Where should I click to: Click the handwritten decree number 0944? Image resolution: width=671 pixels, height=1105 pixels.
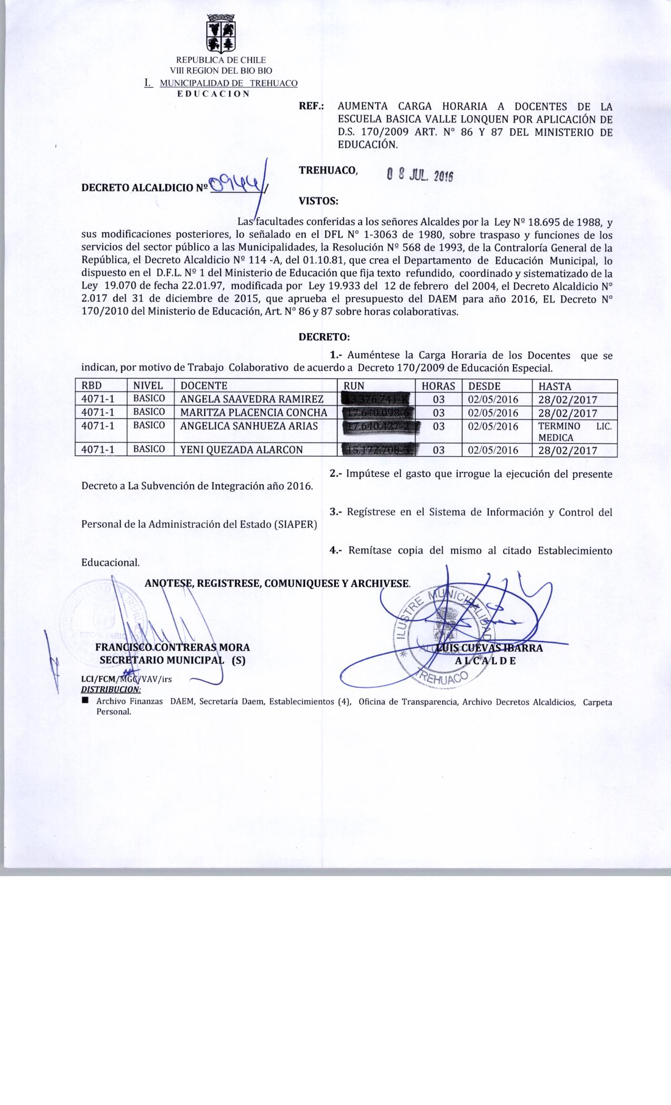[236, 184]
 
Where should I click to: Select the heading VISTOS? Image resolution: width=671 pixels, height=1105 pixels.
[318, 200]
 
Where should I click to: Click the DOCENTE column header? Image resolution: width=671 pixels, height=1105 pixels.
[204, 386]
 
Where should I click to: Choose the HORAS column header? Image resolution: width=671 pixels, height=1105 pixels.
[438, 386]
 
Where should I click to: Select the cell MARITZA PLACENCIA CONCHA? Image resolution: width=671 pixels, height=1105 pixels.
[254, 412]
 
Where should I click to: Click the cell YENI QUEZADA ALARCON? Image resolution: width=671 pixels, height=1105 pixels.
[242, 450]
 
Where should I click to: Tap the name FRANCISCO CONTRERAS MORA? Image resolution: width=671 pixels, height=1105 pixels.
[173, 647]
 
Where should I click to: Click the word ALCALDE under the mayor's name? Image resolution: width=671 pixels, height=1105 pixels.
[485, 661]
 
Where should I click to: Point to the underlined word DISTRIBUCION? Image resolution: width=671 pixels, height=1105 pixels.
[111, 689]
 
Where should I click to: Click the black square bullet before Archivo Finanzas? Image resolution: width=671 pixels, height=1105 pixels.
[85, 701]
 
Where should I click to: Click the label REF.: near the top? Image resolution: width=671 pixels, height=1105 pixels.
[311, 106]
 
